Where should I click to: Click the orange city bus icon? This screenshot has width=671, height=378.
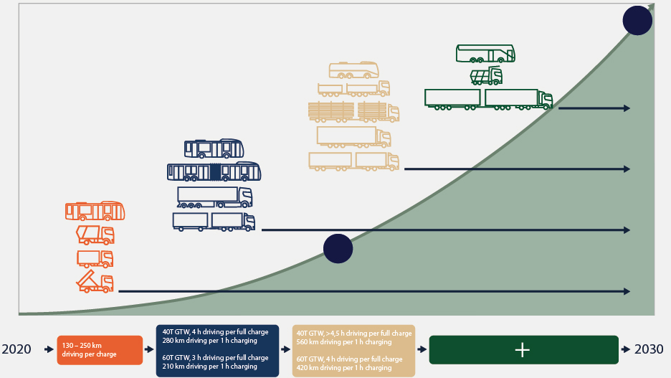pos(95,211)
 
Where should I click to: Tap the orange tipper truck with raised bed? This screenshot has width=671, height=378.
pos(95,282)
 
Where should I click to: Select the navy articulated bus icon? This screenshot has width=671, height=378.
pos(214,171)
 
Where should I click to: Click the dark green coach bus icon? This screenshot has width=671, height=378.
pos(485,53)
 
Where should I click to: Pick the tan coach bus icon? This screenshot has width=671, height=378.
pos(353,70)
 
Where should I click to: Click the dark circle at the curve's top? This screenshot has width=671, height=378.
pos(637,20)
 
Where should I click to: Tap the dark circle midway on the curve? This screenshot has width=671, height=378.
pos(338,249)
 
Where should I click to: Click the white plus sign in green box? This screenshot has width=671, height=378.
pos(523,349)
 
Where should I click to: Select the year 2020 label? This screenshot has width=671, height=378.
pos(16,349)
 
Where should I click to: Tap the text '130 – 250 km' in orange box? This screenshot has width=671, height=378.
pos(81,345)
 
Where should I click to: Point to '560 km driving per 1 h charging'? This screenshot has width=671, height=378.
pos(344,342)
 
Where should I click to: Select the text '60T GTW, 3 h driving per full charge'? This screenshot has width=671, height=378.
pos(215,357)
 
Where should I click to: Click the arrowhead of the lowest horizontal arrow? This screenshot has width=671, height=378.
pos(627,291)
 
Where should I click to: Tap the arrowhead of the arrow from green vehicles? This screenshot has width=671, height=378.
pos(627,108)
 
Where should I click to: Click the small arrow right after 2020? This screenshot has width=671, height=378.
pos(49,349)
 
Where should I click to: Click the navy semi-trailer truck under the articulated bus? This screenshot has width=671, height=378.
pos(214,197)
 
